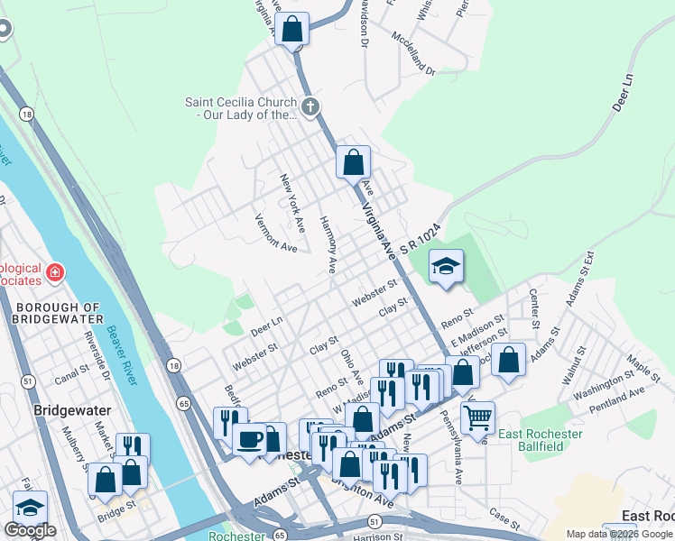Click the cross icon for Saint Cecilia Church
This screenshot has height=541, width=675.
click(310, 108)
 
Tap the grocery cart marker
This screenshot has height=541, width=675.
click(477, 417)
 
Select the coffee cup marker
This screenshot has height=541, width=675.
click(249, 439)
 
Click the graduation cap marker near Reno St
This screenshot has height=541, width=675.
click(445, 267)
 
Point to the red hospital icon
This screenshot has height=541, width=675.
click(55, 272)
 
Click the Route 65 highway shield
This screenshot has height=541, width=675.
click(184, 404)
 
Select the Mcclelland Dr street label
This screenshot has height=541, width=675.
click(413, 55)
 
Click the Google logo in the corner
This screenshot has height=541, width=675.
click(30, 530)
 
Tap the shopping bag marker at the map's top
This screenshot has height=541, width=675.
click(292, 28)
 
